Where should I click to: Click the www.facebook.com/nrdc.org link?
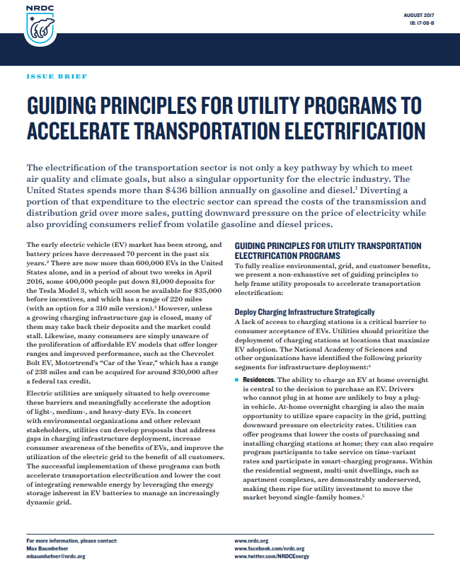(270, 548)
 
